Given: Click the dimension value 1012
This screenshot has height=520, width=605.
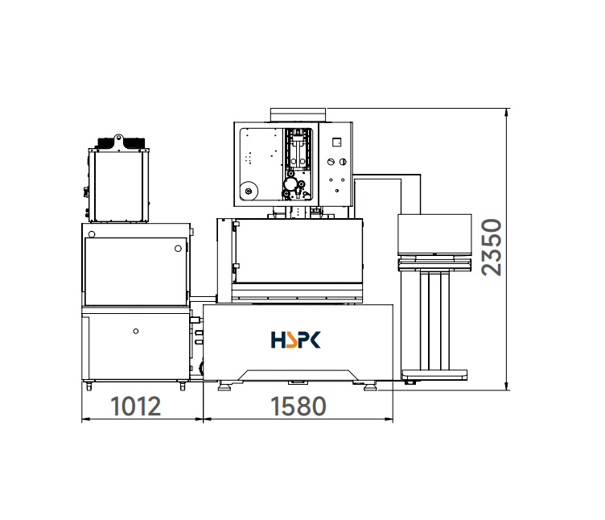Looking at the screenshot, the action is point(135,407).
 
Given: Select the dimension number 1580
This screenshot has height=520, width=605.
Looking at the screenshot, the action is point(298,407).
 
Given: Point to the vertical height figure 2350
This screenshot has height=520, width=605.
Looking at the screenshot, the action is point(492,247).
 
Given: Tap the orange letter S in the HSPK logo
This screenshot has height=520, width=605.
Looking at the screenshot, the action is point(291,340).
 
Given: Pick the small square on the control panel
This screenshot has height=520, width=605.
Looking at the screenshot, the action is point(336,142).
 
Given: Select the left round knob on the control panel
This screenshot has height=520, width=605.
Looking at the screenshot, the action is point(331,162).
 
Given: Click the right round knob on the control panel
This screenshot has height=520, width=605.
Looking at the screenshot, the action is point(343,162).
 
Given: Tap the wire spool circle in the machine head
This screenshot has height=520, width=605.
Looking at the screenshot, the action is point(249,191).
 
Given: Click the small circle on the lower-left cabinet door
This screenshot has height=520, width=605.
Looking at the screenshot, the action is point(136,331).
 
